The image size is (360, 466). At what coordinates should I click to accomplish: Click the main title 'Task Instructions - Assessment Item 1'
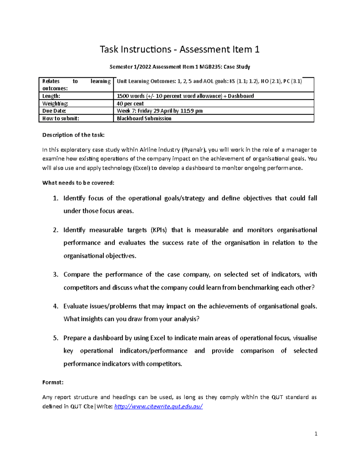click(x=179, y=49)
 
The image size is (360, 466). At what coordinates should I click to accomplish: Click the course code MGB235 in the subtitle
click(x=209, y=67)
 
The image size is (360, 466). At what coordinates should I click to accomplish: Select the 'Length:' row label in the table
click(x=51, y=96)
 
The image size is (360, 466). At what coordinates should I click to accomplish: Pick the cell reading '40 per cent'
click(x=130, y=104)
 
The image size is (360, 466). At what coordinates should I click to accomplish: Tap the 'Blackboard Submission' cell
click(x=144, y=119)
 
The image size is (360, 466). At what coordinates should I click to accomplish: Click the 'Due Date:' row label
click(x=54, y=111)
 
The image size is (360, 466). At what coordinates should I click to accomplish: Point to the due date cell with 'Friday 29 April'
click(x=160, y=111)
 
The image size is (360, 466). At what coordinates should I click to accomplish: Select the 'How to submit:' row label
click(x=61, y=119)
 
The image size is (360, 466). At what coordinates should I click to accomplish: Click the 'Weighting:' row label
click(x=55, y=104)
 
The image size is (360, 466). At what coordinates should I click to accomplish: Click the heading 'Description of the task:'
click(x=73, y=135)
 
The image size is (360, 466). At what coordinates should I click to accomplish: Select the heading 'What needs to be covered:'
click(x=78, y=183)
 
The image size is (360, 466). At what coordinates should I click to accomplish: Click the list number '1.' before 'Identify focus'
click(x=55, y=198)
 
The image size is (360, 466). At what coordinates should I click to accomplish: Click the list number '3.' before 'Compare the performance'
click(x=55, y=275)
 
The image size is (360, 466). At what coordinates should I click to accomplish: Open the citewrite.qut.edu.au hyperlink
click(x=159, y=407)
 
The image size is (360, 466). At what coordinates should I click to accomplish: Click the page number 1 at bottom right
click(x=316, y=434)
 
